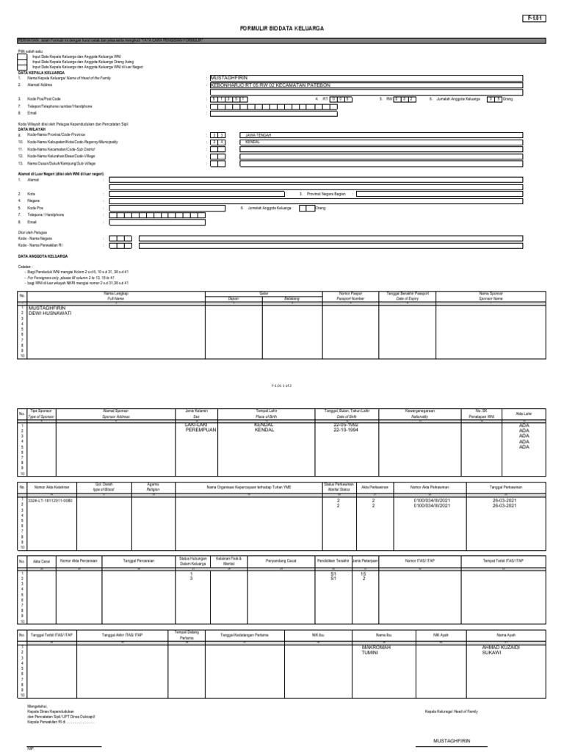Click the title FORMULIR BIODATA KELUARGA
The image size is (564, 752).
(x=281, y=28)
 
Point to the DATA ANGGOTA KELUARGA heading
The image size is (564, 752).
(x=43, y=256)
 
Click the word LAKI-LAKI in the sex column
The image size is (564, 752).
(x=198, y=424)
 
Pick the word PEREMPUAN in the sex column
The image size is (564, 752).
(x=202, y=430)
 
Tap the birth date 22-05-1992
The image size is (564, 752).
(x=347, y=424)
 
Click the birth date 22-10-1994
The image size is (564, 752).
(x=347, y=430)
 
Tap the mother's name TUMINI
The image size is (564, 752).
(x=364, y=652)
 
